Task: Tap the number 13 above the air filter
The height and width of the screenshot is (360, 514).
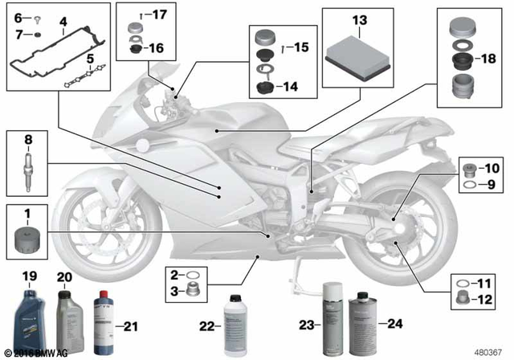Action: point(358,18)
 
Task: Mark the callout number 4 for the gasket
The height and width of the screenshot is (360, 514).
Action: point(63,18)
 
